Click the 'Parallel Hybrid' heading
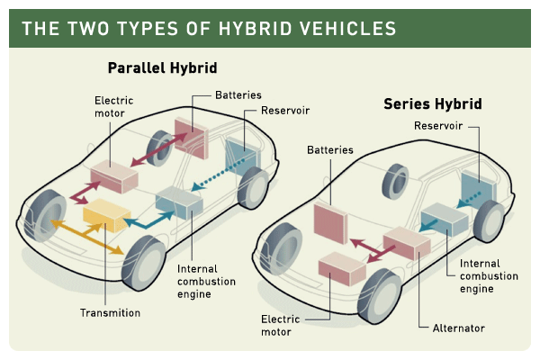[162, 68]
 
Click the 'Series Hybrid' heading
[432, 103]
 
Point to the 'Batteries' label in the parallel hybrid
[238, 94]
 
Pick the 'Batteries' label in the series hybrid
[330, 150]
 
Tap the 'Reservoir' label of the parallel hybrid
[285, 112]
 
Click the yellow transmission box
[107, 213]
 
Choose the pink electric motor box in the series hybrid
[341, 268]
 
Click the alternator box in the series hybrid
[406, 241]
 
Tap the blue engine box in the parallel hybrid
[178, 203]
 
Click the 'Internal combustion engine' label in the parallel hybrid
[206, 281]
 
